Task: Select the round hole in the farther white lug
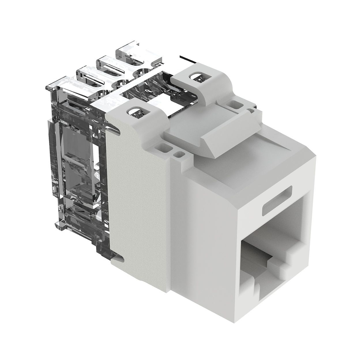pyautogui.click(x=195, y=77)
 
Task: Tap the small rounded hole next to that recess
pyautogui.click(x=180, y=154)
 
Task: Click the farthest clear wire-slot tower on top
pyautogui.click(x=138, y=53)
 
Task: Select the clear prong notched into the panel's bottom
pyautogui.click(x=117, y=257)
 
